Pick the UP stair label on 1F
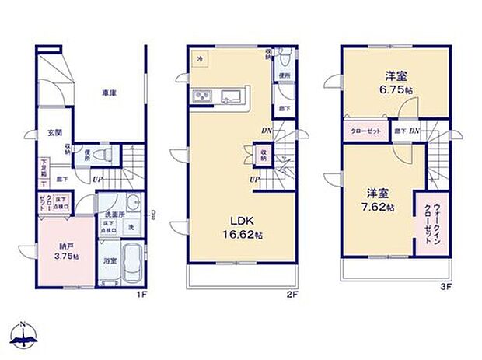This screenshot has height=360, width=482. [x=96, y=180]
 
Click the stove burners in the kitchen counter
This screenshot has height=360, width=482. [x=201, y=96]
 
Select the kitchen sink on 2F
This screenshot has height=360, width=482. [x=231, y=96]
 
